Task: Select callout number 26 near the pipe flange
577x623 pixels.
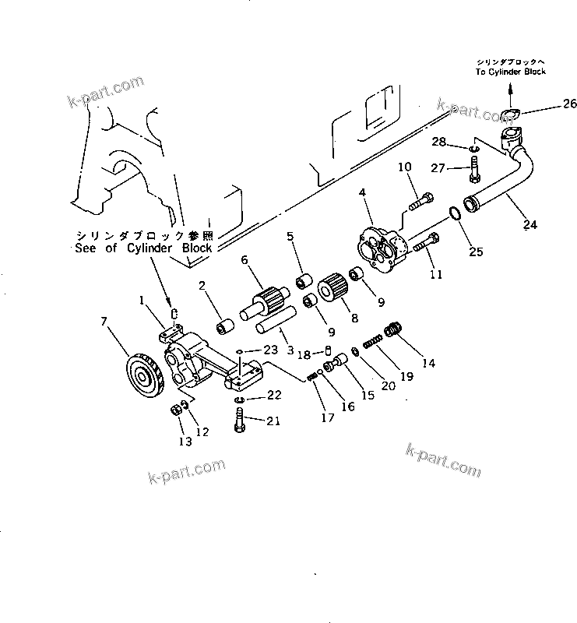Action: click(569, 104)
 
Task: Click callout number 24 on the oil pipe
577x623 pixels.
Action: click(530, 227)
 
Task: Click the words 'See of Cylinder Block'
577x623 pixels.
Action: click(143, 248)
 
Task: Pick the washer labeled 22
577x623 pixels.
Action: click(239, 399)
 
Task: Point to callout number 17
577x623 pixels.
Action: click(329, 417)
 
